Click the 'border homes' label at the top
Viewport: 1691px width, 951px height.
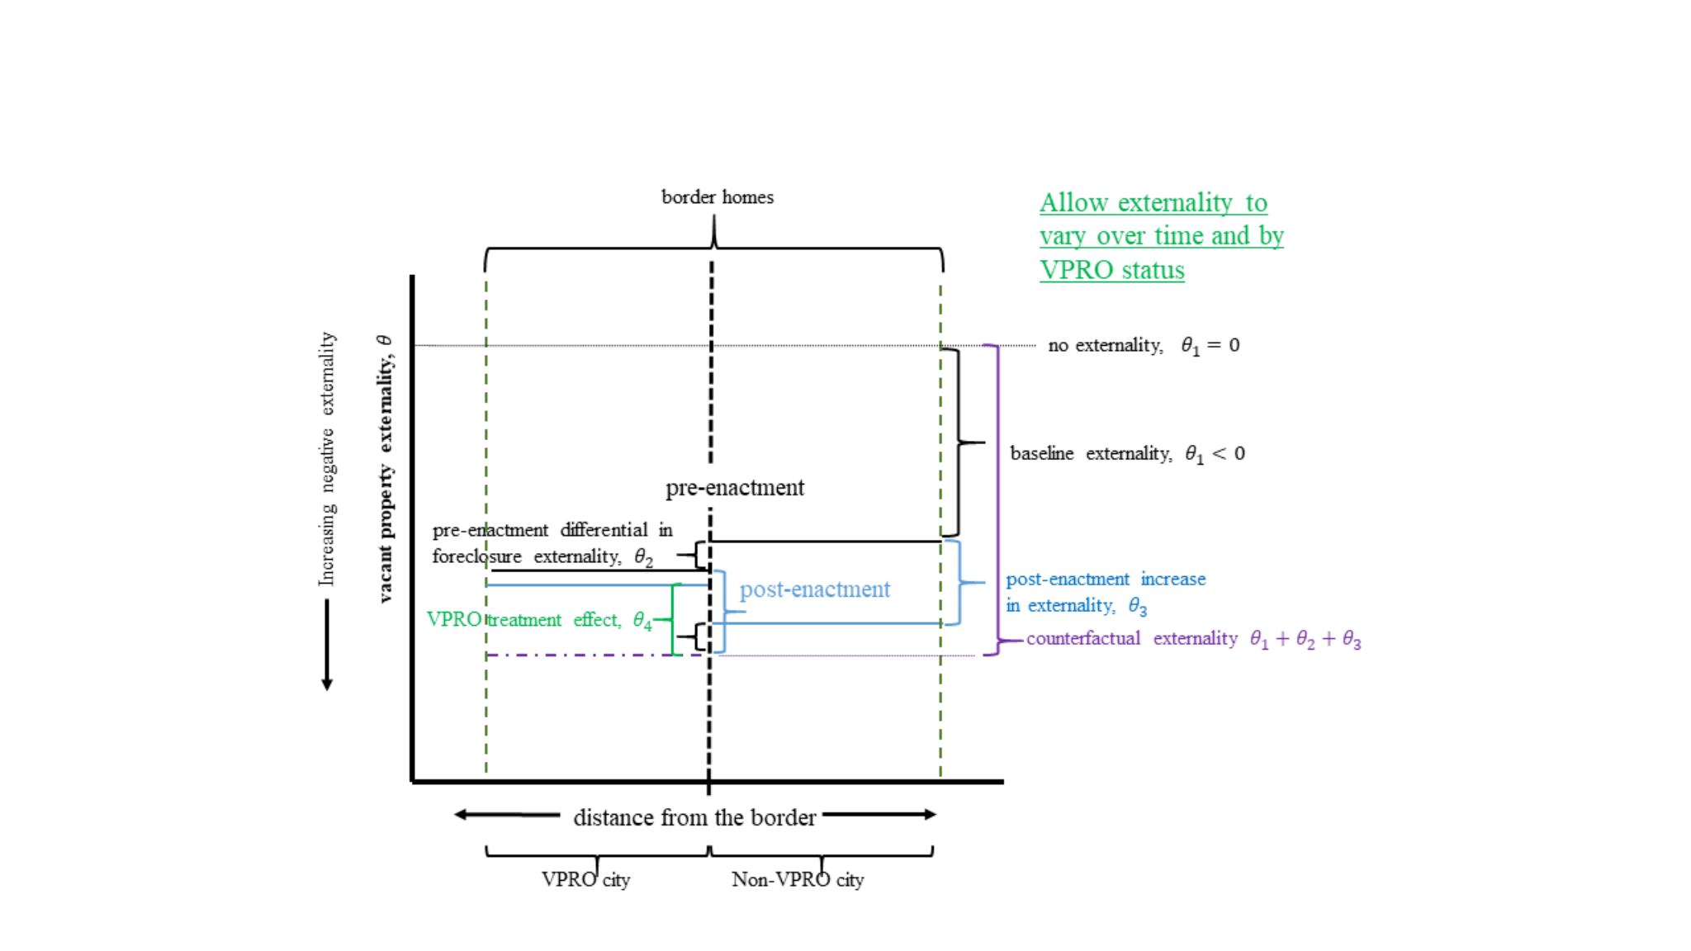[717, 197]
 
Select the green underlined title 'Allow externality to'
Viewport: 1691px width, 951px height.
[1153, 203]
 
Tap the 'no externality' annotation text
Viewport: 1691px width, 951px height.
[1105, 345]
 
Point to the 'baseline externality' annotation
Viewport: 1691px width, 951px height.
[1090, 453]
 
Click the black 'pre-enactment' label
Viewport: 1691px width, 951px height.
[735, 488]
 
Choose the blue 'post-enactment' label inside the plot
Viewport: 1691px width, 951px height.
[814, 589]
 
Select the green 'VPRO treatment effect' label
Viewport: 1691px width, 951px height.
[523, 620]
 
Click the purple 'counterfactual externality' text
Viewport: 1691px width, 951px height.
[1131, 638]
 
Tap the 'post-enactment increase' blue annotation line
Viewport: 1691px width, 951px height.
[1106, 579]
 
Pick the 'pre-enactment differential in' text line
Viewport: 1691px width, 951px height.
[552, 530]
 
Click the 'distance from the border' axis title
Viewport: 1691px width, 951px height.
[694, 817]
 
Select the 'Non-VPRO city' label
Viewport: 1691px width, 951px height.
[798, 880]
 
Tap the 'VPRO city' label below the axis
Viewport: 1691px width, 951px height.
[585, 880]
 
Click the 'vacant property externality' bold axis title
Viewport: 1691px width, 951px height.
[385, 468]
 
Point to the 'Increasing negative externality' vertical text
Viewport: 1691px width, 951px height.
[327, 459]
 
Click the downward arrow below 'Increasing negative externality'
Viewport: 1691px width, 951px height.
[327, 645]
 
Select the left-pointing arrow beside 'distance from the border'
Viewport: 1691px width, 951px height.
[506, 815]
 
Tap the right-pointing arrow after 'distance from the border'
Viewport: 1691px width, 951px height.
[879, 815]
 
